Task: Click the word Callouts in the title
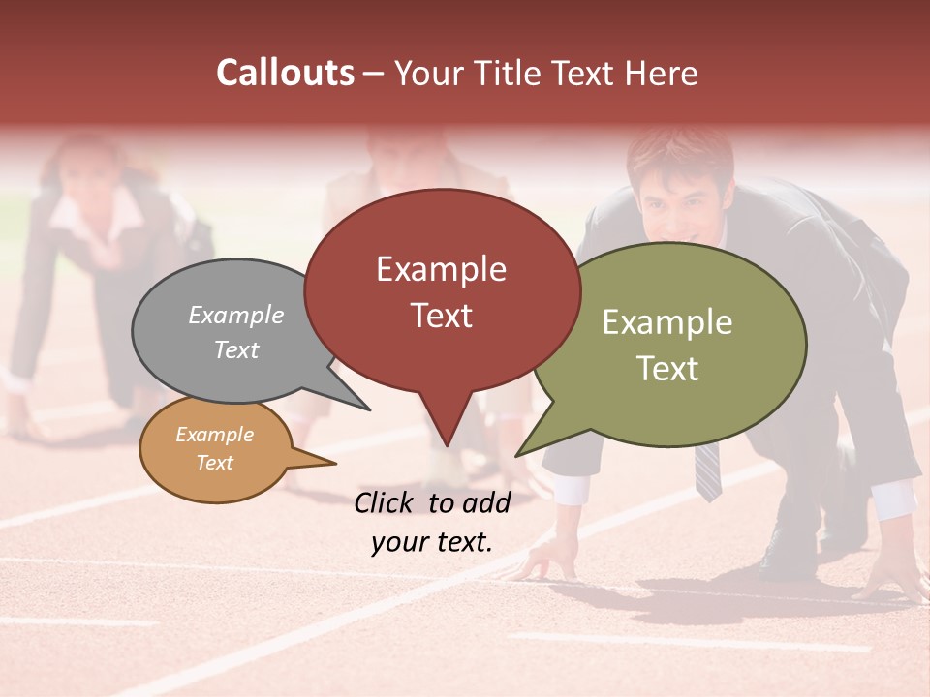[285, 73]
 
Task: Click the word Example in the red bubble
[441, 269]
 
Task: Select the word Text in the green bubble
[667, 369]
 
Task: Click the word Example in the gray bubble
[235, 316]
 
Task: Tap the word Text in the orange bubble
[214, 463]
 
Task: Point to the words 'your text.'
[431, 543]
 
